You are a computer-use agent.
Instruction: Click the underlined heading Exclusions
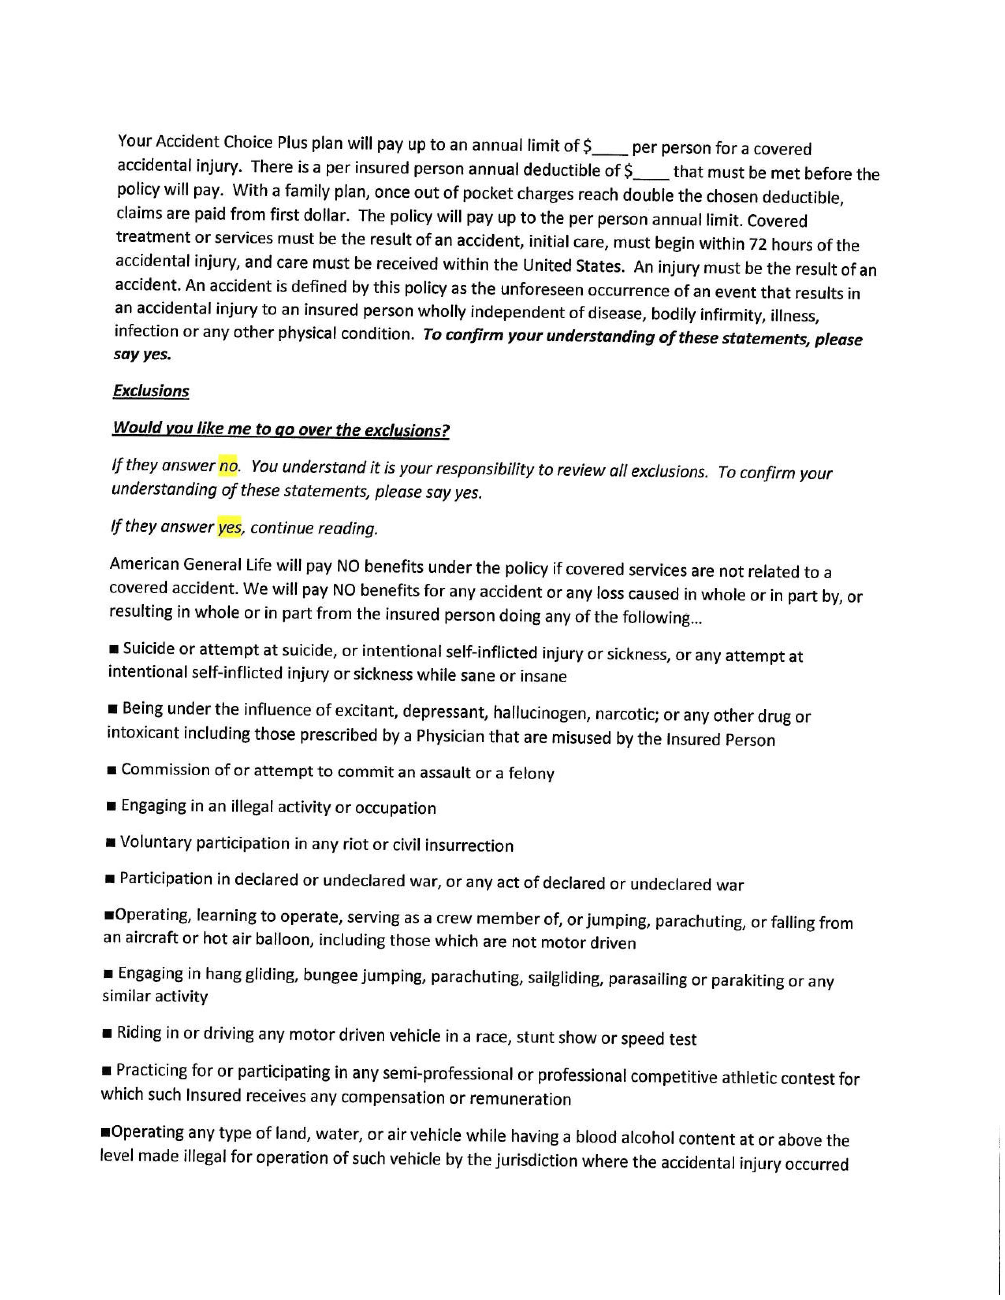pyautogui.click(x=151, y=391)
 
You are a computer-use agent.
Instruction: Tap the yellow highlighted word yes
pyautogui.click(x=230, y=527)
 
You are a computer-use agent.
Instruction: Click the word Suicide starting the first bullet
pyautogui.click(x=149, y=649)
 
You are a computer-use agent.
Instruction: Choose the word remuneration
pyautogui.click(x=520, y=1099)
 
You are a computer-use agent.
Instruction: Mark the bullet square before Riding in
pyautogui.click(x=108, y=1033)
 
